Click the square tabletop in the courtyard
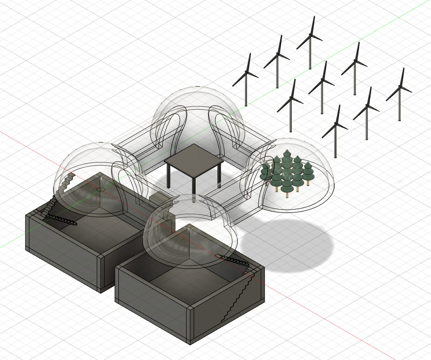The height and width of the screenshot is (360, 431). pyautogui.click(x=193, y=160)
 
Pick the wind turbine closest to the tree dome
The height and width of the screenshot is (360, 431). pyautogui.click(x=336, y=134)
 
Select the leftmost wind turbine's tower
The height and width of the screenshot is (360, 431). pyautogui.click(x=246, y=93)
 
